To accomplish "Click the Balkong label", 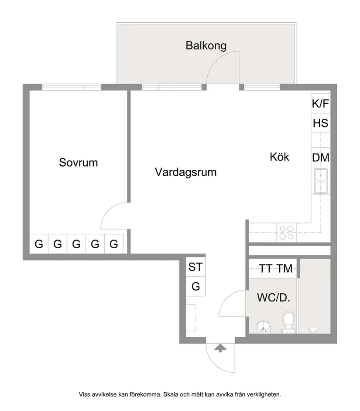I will [x=206, y=45].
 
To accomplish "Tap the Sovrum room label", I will [x=79, y=163].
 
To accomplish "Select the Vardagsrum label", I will [x=185, y=172].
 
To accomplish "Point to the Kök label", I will [x=279, y=157].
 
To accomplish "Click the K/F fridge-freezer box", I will [x=320, y=104].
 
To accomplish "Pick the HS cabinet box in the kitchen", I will [x=320, y=123].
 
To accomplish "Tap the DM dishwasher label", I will [x=320, y=158].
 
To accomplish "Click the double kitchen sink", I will [x=321, y=182].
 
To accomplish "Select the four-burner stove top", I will [x=286, y=232].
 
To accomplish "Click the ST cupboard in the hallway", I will [x=195, y=267].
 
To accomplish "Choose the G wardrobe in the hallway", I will [x=195, y=287].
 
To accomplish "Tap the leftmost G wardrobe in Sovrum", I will [x=39, y=244].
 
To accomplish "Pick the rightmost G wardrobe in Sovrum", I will [x=114, y=244].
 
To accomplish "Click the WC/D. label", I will [x=274, y=298].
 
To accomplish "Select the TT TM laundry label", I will [x=275, y=269].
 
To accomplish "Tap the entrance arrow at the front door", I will [x=221, y=348].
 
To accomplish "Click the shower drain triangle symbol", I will [x=313, y=330].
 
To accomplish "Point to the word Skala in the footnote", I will [x=171, y=394].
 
